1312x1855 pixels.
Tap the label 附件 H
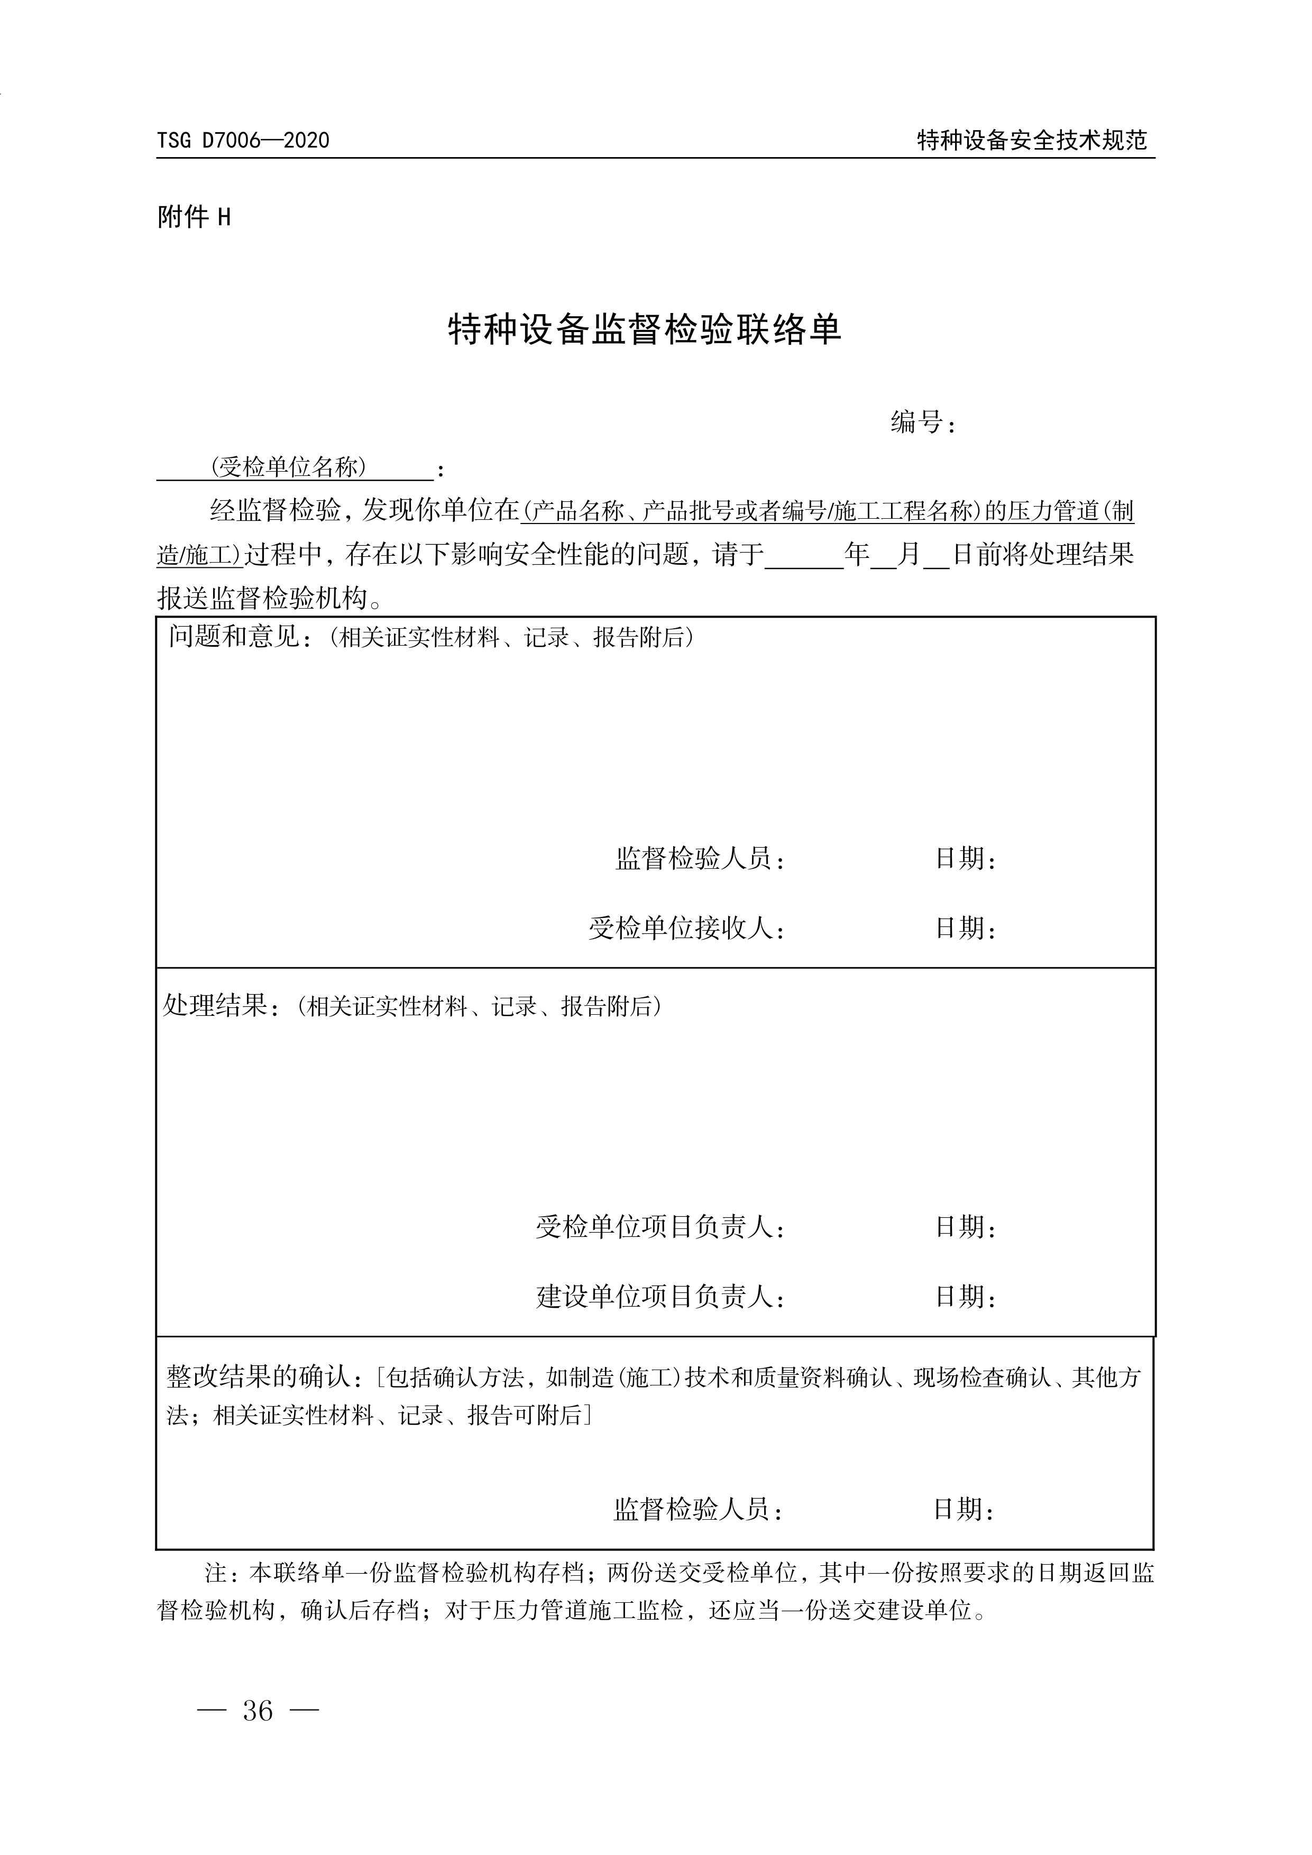click(x=194, y=216)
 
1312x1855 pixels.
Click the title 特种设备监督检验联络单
click(x=645, y=329)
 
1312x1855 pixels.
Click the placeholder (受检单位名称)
click(x=288, y=467)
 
